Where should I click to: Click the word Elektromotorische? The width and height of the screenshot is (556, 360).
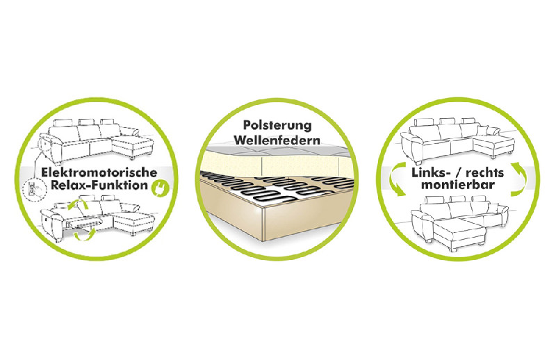[99, 173]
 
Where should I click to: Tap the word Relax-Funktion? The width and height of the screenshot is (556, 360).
[99, 185]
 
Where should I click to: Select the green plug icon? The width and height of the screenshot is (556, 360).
[160, 188]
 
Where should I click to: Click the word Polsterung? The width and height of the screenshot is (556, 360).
[277, 125]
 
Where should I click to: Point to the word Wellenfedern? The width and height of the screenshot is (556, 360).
[277, 140]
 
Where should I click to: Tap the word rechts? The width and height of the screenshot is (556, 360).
[484, 174]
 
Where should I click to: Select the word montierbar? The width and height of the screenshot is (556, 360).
[458, 185]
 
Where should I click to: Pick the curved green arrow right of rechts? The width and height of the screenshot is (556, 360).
[519, 179]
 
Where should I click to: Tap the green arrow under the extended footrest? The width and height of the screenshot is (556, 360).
[84, 234]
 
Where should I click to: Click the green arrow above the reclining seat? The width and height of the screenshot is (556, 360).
[79, 206]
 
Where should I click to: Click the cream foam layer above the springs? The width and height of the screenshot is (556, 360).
[277, 163]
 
